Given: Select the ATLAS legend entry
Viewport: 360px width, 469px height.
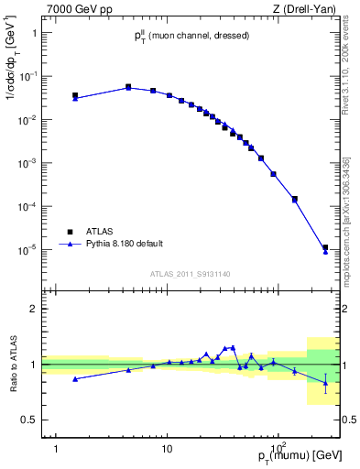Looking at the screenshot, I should click(102, 230).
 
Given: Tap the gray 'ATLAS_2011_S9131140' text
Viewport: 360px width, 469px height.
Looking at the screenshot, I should click(190, 274).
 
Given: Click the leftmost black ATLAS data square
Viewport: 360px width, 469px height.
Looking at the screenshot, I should click(75, 95).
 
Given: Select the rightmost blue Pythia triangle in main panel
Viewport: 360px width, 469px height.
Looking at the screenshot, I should click(325, 251).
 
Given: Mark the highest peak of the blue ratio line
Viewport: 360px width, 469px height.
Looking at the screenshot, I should click(233, 347).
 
